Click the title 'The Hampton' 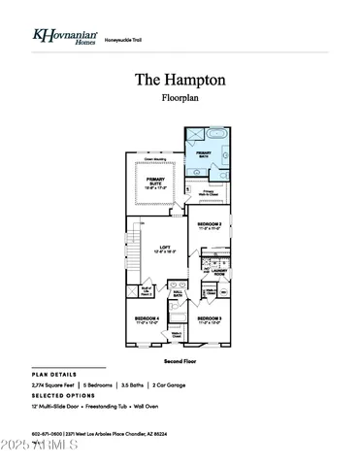pos(180,80)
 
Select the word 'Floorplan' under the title pos(180,98)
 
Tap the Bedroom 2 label pos(211,226)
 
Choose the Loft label pos(165,250)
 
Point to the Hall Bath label pos(178,293)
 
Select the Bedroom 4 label pos(147,319)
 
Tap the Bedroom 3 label pos(211,319)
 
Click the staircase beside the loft pos(137,254)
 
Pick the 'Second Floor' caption pos(180,360)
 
